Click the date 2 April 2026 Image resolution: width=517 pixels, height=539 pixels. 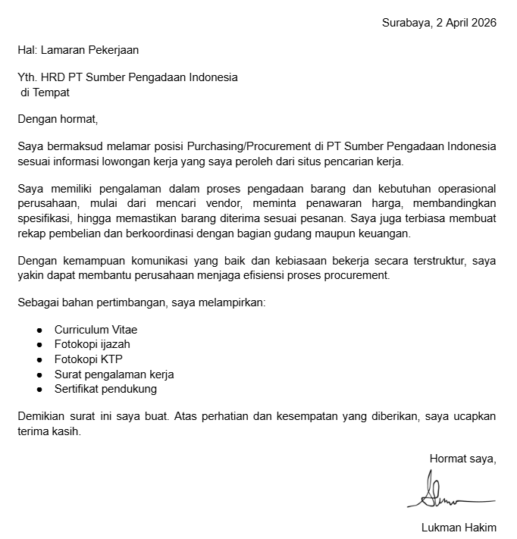tap(466, 23)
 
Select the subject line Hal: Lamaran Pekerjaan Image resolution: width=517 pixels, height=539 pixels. tap(78, 50)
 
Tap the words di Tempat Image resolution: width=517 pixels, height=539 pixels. tap(45, 92)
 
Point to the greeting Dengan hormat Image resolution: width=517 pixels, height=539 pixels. tap(58, 119)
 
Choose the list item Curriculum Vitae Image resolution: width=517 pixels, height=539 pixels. tap(96, 330)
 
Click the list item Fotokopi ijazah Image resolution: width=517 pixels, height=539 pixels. tap(92, 344)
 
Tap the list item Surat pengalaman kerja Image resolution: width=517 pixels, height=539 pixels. tap(114, 374)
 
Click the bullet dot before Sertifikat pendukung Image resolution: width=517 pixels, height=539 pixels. tap(39, 389)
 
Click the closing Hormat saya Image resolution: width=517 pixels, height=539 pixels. tap(462, 459)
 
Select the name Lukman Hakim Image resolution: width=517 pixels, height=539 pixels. tap(459, 528)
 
